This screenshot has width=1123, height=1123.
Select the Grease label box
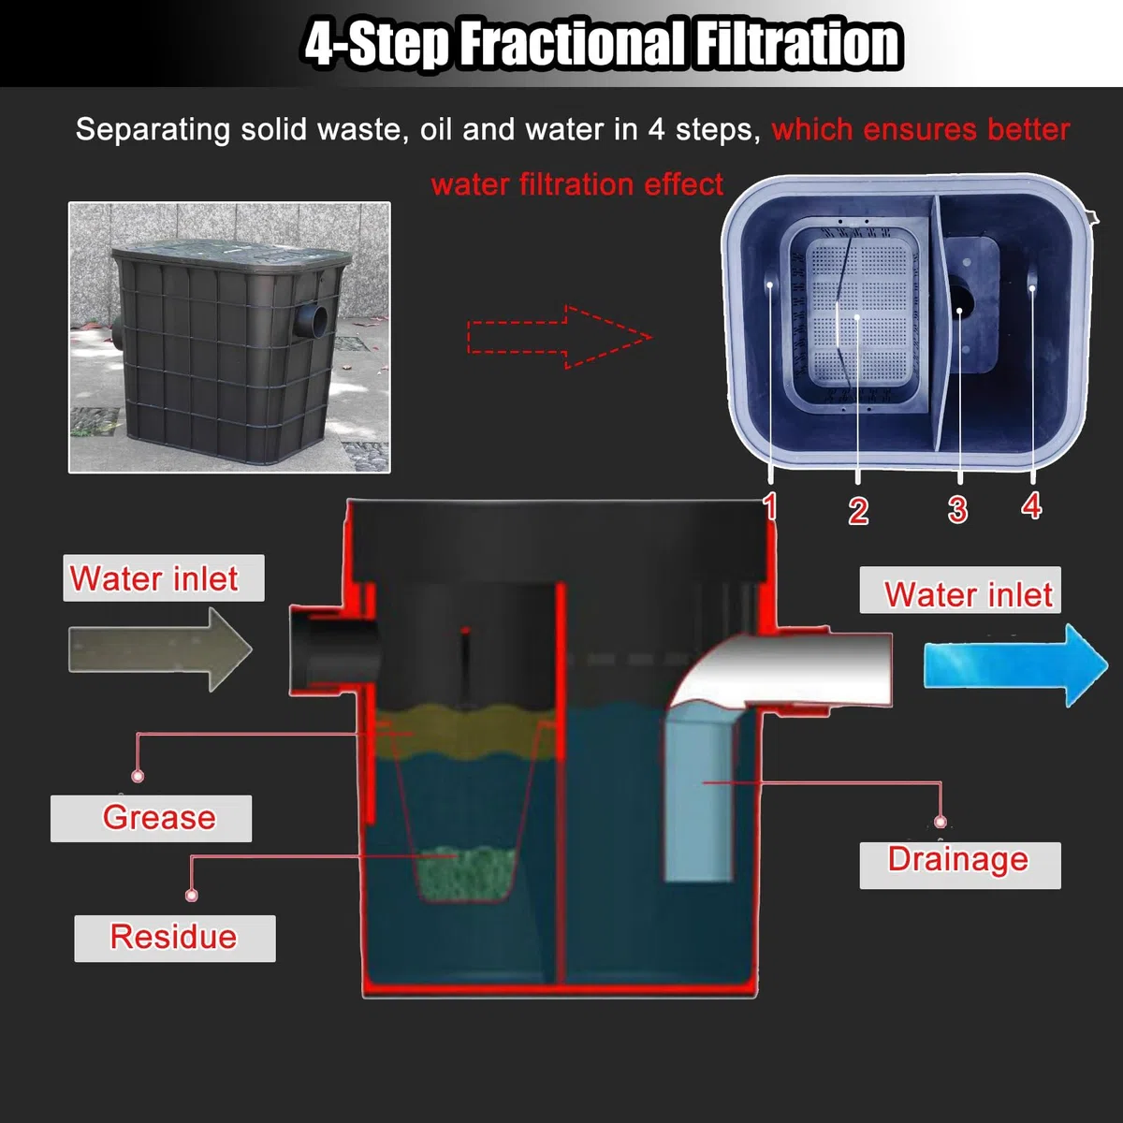click(x=151, y=818)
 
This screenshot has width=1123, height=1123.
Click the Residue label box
click(x=175, y=939)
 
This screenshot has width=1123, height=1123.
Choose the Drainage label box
click(x=960, y=866)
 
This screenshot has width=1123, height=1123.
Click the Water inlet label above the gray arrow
click(x=163, y=578)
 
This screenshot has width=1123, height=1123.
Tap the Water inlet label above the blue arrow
click(x=960, y=590)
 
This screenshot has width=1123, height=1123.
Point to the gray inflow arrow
click(x=160, y=649)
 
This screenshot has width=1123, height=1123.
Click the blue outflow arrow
click(x=1015, y=665)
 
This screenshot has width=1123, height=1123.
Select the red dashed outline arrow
click(x=560, y=337)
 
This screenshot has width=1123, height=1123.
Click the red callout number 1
click(x=770, y=506)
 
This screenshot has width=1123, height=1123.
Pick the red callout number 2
click(x=858, y=511)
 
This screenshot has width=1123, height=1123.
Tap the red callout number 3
click(x=957, y=510)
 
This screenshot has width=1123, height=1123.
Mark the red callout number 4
click(x=1031, y=506)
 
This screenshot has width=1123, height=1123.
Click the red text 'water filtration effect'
click(x=577, y=184)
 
